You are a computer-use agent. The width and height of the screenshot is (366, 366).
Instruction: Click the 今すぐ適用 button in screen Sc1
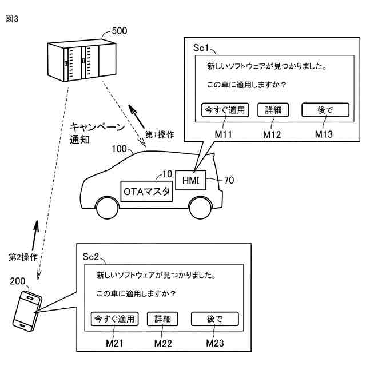(x=225, y=110)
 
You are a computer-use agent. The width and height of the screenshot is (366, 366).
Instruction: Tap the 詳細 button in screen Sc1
(x=273, y=110)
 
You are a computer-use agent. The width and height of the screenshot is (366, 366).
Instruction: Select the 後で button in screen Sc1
(x=325, y=110)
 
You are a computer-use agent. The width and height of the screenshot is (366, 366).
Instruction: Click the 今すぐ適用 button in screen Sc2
(x=114, y=319)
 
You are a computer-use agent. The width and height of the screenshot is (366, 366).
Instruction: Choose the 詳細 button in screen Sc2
(x=162, y=319)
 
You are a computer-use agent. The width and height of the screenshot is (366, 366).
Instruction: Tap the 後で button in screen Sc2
(x=215, y=319)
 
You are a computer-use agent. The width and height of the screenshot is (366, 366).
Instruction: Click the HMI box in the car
(x=190, y=180)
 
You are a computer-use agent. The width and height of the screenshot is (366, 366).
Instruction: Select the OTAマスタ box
(x=146, y=192)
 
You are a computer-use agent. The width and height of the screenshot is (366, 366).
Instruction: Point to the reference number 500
(x=120, y=31)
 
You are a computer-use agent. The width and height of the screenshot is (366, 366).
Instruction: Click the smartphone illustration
(x=27, y=311)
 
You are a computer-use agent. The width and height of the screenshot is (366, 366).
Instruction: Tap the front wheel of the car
(x=108, y=208)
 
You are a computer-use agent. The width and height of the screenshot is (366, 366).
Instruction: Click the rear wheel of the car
(x=201, y=208)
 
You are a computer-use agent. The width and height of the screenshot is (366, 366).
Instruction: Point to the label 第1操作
(x=160, y=135)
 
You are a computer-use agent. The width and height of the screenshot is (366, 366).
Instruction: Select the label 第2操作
(x=23, y=257)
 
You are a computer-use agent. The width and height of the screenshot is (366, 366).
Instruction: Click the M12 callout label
(x=272, y=135)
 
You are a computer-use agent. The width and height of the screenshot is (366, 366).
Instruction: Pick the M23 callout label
(x=215, y=343)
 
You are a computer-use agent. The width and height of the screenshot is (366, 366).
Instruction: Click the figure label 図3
(x=11, y=19)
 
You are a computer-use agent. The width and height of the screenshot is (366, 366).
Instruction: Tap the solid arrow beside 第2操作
(x=35, y=235)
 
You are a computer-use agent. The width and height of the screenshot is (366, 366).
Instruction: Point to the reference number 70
(x=229, y=180)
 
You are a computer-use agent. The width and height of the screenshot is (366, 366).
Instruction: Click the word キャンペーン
(x=97, y=127)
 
